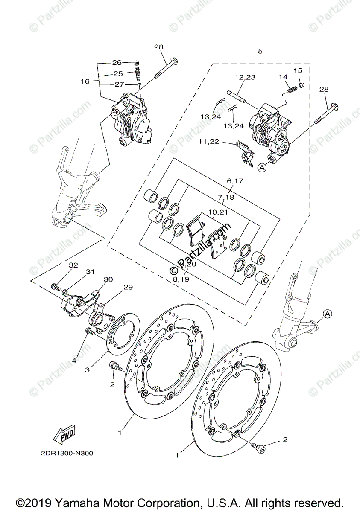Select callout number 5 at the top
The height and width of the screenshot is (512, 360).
click(260, 52)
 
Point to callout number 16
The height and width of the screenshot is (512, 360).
click(85, 81)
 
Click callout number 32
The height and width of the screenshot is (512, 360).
click(73, 265)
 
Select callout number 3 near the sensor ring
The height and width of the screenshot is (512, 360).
click(87, 370)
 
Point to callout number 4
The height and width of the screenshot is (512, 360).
click(74, 361)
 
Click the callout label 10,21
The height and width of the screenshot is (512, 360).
click(219, 212)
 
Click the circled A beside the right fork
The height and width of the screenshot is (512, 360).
click(327, 314)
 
